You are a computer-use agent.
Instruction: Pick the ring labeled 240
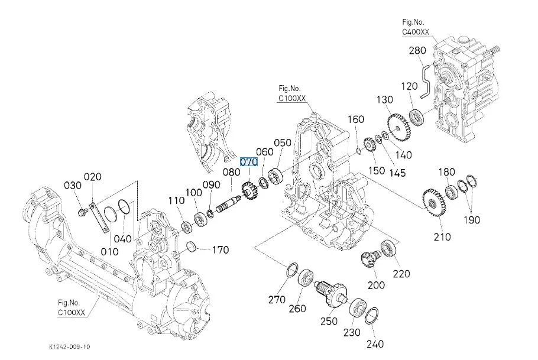pyautogui.click(x=372, y=316)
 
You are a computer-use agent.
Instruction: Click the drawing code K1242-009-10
pyautogui.click(x=70, y=346)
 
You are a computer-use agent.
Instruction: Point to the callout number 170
pyautogui.click(x=220, y=250)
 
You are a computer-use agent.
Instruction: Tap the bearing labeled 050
pyautogui.click(x=275, y=176)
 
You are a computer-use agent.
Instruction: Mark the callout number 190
pyautogui.click(x=471, y=220)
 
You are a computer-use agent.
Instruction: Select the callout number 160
pyautogui.click(x=356, y=120)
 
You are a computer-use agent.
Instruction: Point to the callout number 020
pyautogui.click(x=93, y=177)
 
